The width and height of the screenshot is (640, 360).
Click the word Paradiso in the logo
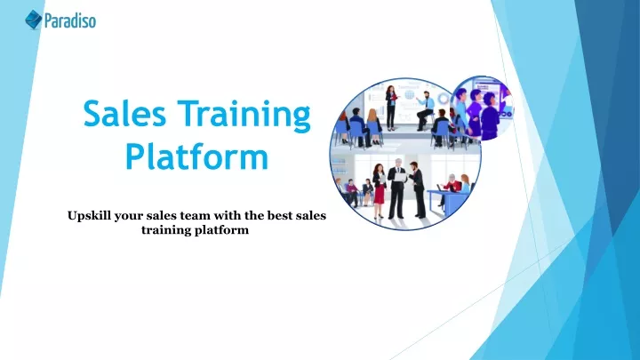(x=70, y=20)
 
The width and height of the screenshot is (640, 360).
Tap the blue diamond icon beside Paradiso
(x=34, y=20)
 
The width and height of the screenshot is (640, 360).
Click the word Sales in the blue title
(x=124, y=114)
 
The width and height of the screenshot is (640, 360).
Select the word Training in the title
(x=244, y=116)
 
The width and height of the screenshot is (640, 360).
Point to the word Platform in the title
(x=196, y=156)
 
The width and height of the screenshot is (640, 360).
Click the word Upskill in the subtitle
(x=89, y=216)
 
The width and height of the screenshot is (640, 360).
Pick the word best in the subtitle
(x=280, y=215)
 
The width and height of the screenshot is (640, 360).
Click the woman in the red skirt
(x=379, y=190)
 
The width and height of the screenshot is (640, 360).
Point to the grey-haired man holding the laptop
(x=396, y=188)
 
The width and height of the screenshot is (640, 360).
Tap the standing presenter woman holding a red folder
(x=390, y=108)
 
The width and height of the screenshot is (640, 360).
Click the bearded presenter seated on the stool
(x=425, y=110)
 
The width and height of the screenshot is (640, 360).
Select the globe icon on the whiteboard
(x=410, y=95)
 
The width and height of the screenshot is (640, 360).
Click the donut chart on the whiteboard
(x=443, y=99)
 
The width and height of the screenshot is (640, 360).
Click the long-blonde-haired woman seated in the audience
(x=373, y=126)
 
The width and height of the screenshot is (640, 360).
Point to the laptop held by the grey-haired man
(x=400, y=177)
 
